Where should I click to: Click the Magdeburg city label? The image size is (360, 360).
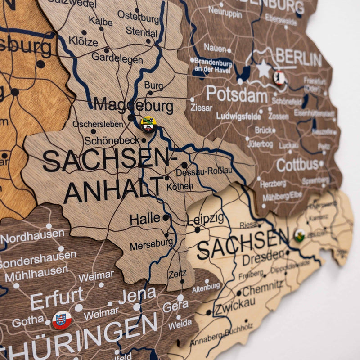(x=133, y=106)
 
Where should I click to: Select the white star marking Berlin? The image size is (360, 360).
(x=263, y=69)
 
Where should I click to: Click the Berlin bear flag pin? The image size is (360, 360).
(x=279, y=77)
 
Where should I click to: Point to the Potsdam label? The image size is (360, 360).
(x=237, y=94)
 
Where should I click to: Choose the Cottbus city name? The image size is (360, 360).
(x=297, y=165)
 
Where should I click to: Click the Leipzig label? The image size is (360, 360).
(x=205, y=219)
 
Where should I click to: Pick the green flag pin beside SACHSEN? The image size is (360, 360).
(x=299, y=234)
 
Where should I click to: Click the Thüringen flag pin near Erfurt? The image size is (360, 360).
(x=62, y=320)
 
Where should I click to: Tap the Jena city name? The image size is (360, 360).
(x=137, y=295)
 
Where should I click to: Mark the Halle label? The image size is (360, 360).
(x=145, y=219)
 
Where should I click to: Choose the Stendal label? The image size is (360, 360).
(x=142, y=31)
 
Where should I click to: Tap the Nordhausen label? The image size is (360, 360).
(x=32, y=234)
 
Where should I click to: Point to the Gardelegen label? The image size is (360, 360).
(x=117, y=58)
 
